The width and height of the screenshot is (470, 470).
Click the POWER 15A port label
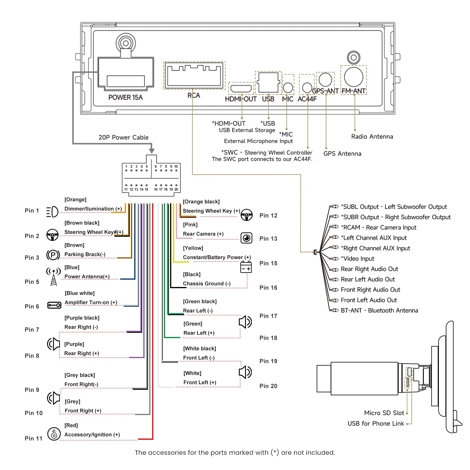tap(125, 97)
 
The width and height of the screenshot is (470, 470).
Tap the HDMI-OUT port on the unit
tap(241, 88)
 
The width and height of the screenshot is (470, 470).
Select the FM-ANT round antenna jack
tap(353, 77)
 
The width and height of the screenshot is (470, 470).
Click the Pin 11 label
tap(33, 438)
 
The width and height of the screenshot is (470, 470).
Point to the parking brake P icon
tap(53, 255)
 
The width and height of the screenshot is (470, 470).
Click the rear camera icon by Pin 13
tap(246, 238)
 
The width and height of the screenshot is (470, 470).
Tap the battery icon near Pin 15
tap(246, 267)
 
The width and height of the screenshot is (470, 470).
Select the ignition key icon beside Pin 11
tap(54, 434)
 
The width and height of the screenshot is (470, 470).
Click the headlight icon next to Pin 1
tap(52, 212)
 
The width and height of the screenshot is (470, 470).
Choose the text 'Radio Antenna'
tap(372, 137)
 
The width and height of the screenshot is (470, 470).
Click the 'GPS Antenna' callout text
tap(342, 154)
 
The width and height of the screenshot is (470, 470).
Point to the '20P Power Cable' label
tap(123, 137)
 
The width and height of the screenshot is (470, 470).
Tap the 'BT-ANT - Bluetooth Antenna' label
tap(379, 310)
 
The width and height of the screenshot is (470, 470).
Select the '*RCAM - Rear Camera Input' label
tap(379, 227)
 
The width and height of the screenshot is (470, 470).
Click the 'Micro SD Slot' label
tap(384, 413)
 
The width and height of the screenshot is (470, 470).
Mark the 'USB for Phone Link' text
tap(376, 424)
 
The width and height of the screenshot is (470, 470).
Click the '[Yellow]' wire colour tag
tap(193, 248)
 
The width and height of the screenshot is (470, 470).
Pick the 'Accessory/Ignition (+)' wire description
tap(92, 435)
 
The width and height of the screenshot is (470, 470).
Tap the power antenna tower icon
tap(53, 276)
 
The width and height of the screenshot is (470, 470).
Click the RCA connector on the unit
tap(194, 75)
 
